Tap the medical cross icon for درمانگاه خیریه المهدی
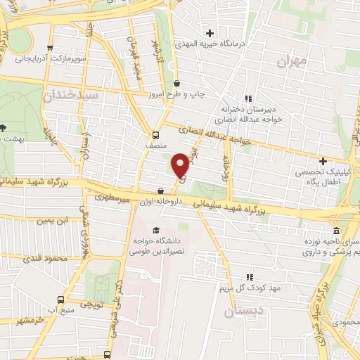(210, 33)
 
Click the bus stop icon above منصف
(155, 136)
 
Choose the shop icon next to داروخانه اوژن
(162, 191)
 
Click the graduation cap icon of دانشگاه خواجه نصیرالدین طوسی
(155, 230)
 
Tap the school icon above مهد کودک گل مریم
(248, 276)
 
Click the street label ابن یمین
(56, 221)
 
